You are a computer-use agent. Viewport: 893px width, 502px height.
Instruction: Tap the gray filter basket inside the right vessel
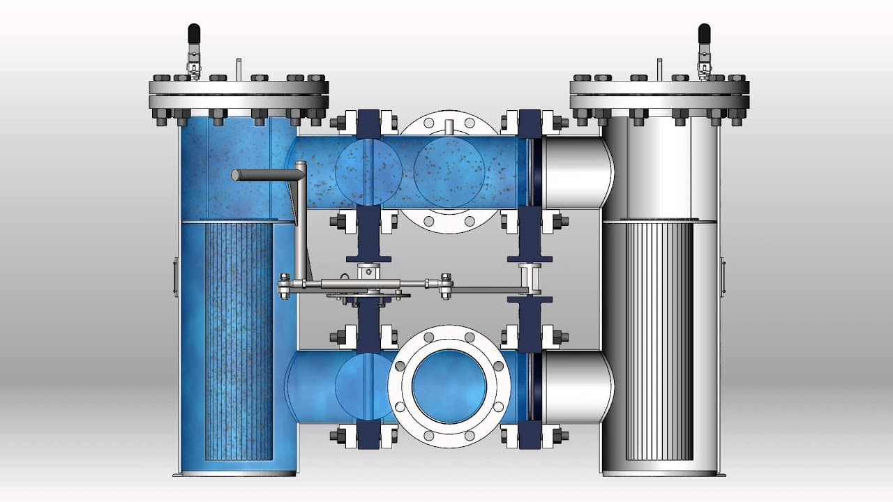click(659, 342)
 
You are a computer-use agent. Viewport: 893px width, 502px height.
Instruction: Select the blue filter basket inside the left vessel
click(237, 342)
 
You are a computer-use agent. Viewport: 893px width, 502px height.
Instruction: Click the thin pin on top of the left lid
click(239, 68)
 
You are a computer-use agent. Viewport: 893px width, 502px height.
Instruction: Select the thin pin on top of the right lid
click(659, 68)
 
